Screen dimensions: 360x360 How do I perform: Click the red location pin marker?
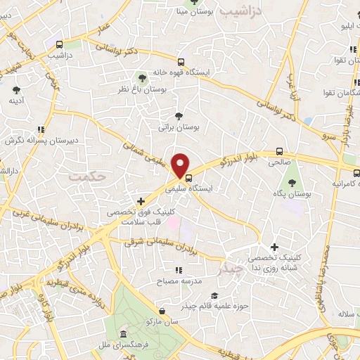181,165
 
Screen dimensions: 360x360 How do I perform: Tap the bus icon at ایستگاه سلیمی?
188,177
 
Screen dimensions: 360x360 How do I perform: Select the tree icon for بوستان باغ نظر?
143,77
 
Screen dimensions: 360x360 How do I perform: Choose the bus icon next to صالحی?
280,151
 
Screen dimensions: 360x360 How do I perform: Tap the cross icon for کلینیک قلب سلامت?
142,201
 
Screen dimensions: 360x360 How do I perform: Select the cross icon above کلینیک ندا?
274,247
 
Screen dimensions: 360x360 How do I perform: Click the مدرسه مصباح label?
183,281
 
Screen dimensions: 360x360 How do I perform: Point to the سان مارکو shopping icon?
162,310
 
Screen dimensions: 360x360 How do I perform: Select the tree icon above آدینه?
15,89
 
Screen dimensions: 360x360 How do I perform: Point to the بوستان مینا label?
191,12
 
